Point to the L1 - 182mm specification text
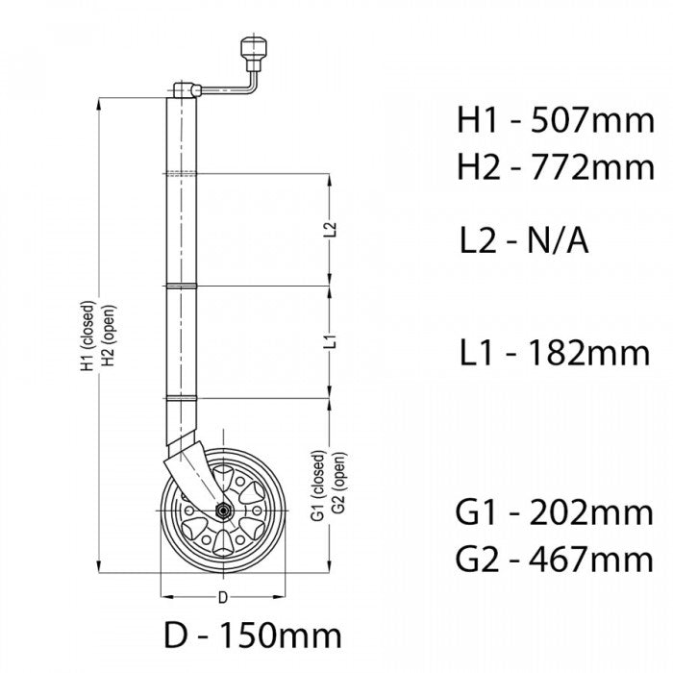(553, 353)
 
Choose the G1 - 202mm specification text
(555, 512)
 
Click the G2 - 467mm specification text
(555, 559)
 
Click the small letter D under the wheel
(222, 597)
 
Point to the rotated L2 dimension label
(329, 231)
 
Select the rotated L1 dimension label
(329, 342)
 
